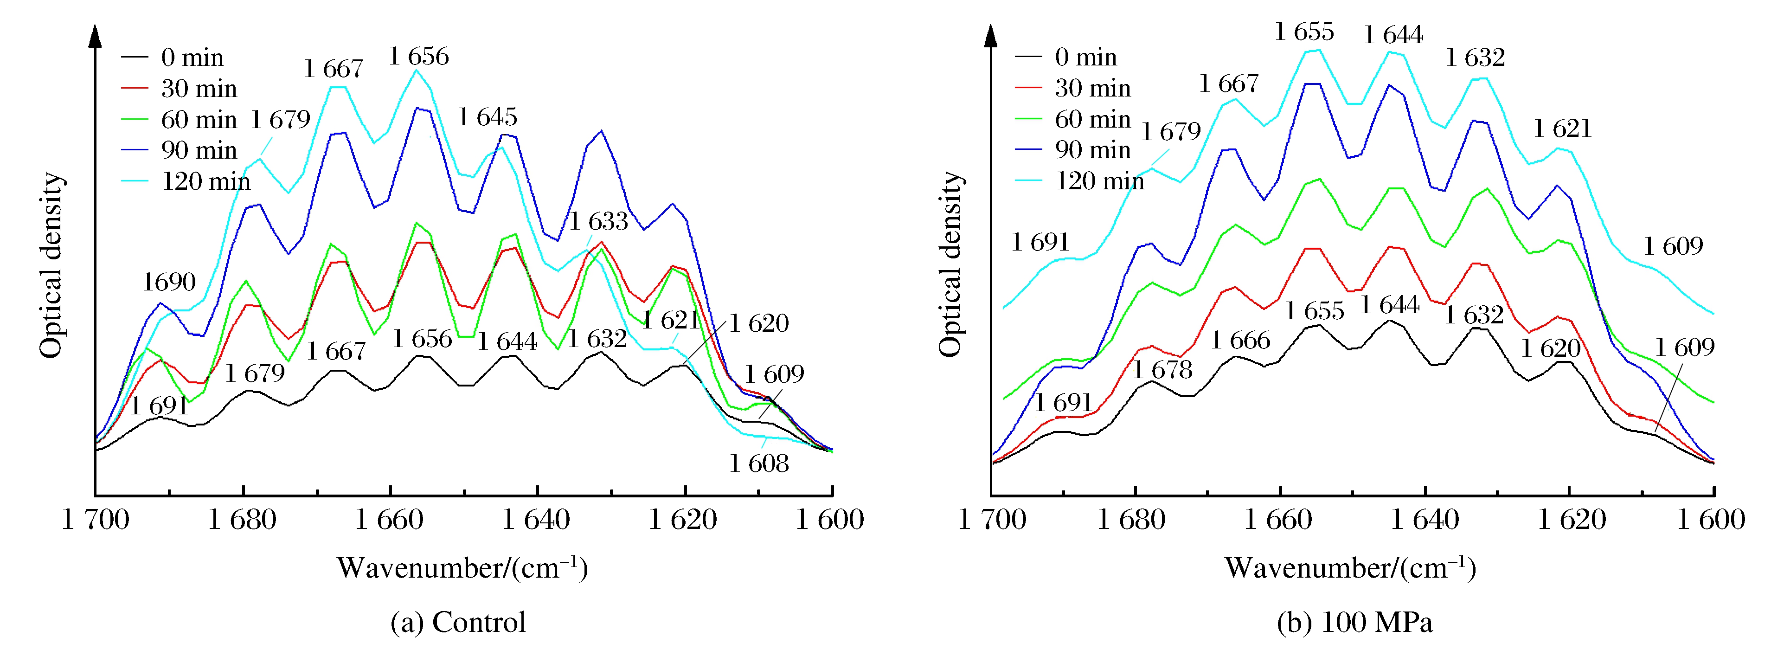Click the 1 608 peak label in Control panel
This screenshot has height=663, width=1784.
pos(759,463)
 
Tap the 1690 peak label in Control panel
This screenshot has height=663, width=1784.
pos(169,282)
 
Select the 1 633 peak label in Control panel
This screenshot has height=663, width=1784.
pos(598,221)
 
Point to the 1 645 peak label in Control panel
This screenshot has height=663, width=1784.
pos(488,117)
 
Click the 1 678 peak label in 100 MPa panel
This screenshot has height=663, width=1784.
pos(1163,370)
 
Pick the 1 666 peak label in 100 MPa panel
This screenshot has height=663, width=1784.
pos(1240,340)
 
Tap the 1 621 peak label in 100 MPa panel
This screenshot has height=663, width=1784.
pos(1562,128)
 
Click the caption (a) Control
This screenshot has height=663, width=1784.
pos(458,622)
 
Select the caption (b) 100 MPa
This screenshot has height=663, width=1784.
pos(1354,622)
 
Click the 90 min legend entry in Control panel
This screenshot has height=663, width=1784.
pos(199,150)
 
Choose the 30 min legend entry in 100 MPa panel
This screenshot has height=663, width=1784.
pos(1092,88)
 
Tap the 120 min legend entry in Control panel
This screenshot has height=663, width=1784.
pos(205,181)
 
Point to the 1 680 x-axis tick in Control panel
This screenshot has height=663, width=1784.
pos(243,520)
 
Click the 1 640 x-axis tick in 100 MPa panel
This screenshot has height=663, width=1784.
pos(1425,520)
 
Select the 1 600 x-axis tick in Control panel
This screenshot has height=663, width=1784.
pos(830,520)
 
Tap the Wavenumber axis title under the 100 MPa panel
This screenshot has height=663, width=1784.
pos(1350,568)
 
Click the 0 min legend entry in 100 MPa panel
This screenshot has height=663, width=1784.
pos(1085,57)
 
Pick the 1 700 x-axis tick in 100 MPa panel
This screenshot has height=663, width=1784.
pos(992,520)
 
